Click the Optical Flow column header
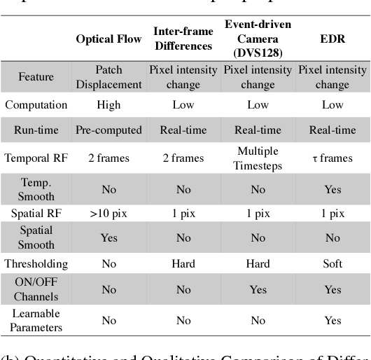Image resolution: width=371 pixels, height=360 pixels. [108, 39]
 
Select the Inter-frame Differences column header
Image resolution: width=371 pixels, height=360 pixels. [182, 39]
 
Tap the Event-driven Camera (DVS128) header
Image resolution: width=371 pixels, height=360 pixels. [258, 39]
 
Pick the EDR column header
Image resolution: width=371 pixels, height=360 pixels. [332, 39]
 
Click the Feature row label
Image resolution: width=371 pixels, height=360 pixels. [36, 77]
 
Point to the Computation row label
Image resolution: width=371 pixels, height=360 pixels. [36, 105]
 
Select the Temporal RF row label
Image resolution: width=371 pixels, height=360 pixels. [36, 158]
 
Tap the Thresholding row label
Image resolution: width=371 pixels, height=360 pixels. [36, 264]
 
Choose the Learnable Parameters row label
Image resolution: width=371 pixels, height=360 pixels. [36, 320]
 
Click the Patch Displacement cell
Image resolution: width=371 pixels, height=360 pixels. [108, 77]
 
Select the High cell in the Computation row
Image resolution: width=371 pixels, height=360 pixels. [108, 105]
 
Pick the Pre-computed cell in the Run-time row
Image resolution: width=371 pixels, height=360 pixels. [108, 130]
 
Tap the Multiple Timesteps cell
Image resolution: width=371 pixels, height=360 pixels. [258, 158]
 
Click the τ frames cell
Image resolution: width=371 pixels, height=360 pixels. [332, 158]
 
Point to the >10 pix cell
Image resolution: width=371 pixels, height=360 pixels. [108, 212]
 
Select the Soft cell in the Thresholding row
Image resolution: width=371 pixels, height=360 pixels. [332, 264]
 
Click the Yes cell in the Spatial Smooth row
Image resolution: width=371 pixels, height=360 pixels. [108, 237]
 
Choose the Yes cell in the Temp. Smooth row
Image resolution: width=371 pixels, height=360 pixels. [332, 188]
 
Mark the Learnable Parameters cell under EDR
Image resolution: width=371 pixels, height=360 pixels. [332, 320]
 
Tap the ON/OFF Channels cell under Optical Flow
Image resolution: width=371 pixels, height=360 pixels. [108, 289]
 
